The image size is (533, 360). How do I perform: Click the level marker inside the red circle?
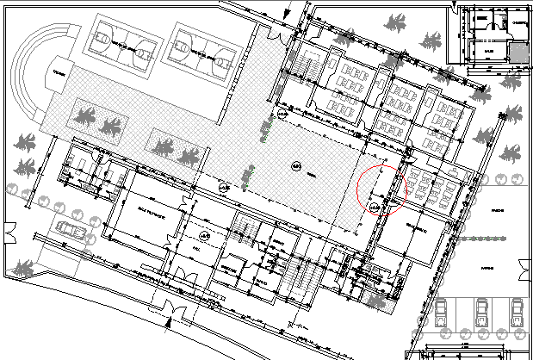[374, 208]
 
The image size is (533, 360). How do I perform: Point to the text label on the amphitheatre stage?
[59, 72]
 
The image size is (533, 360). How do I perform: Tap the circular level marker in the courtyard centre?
[295, 166]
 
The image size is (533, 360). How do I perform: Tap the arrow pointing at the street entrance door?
[169, 323]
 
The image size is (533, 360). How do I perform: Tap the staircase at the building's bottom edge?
[307, 283]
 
